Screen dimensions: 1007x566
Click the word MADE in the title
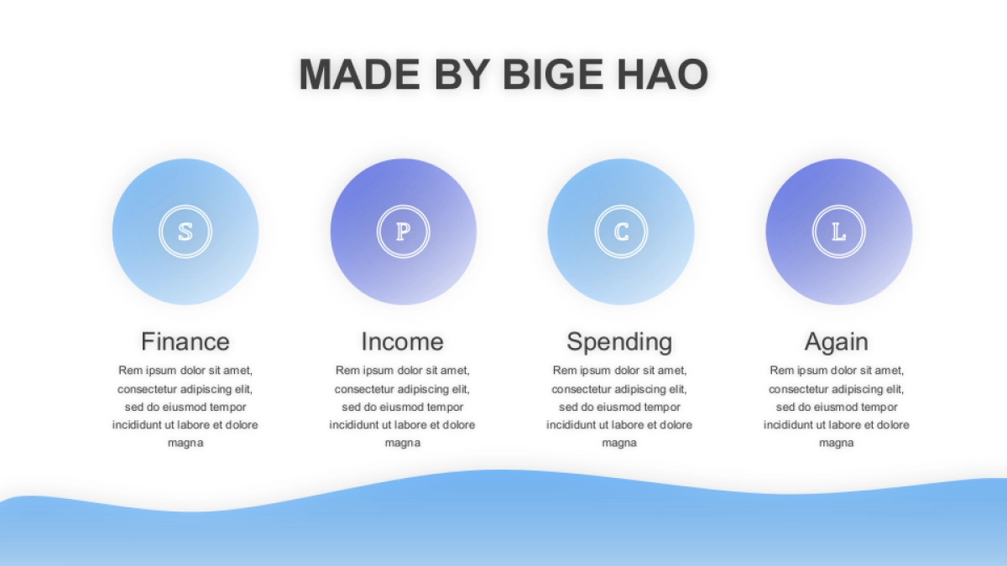[x=360, y=74]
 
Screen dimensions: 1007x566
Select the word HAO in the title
[x=663, y=74]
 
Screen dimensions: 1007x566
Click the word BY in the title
[x=462, y=74]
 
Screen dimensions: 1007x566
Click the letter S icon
[x=185, y=231]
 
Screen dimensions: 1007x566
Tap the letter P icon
[x=404, y=231]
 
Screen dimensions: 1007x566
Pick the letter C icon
[x=621, y=231]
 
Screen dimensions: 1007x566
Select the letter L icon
[x=839, y=231]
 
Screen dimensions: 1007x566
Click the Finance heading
[x=185, y=341]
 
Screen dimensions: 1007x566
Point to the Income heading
[x=402, y=341]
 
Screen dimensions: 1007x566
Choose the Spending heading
[x=619, y=342]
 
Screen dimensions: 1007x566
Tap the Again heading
[x=836, y=342]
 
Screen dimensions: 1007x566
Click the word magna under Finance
[x=185, y=444]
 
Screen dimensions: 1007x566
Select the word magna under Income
[x=403, y=444]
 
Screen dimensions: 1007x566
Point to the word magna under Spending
[x=619, y=444]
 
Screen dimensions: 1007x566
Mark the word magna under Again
[x=837, y=444]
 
